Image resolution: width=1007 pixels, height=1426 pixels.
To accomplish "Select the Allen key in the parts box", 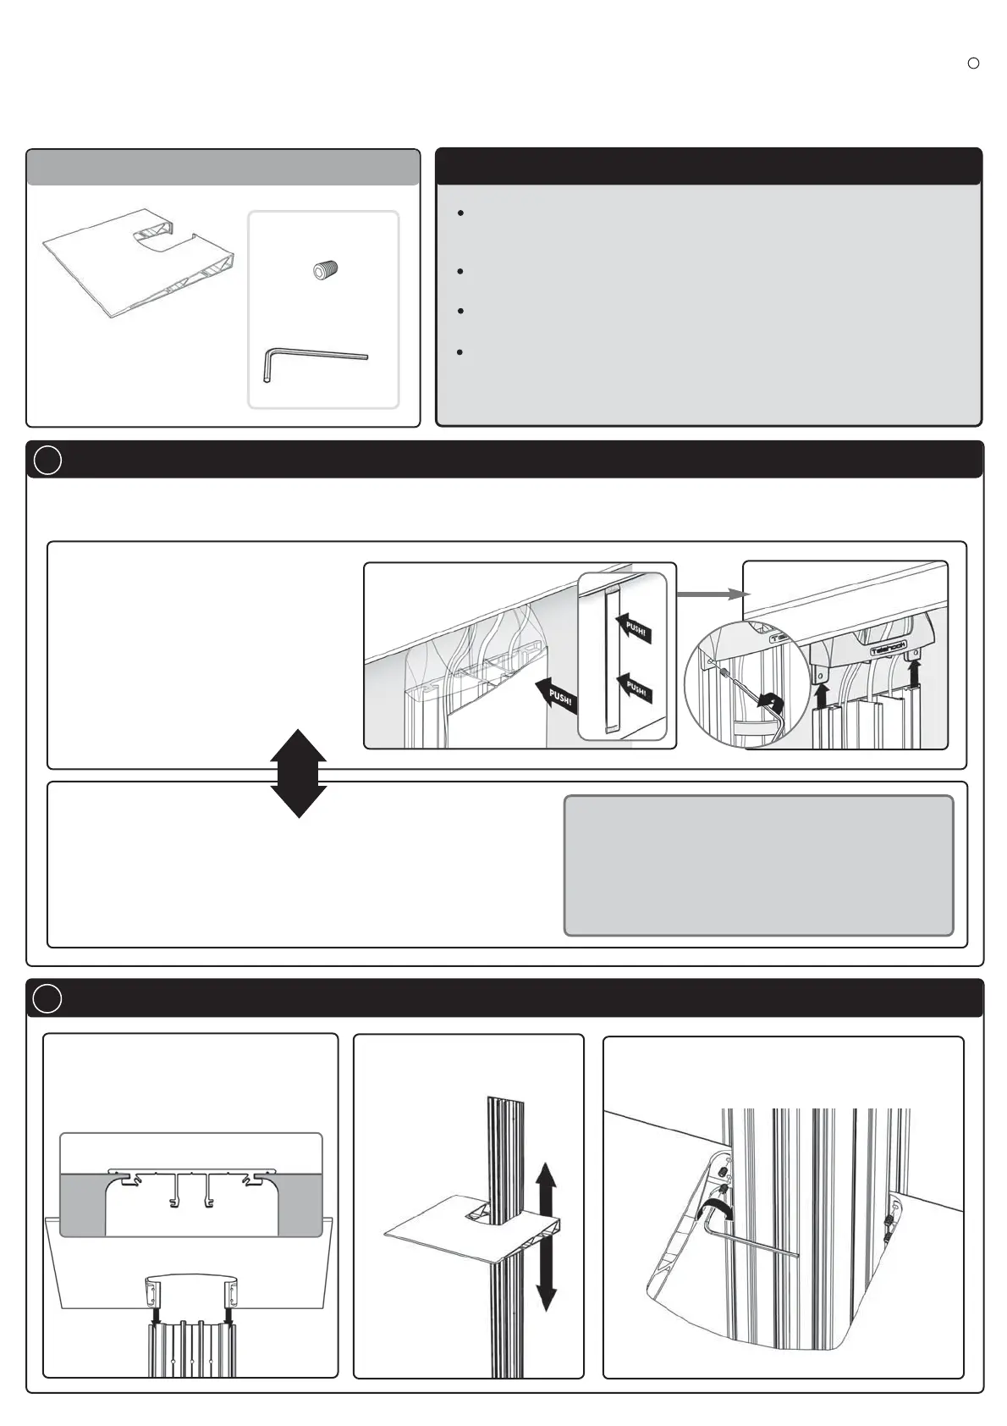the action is (313, 361).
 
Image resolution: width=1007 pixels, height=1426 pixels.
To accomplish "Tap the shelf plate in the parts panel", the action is (135, 263).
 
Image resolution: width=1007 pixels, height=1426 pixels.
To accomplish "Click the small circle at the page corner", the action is (973, 64).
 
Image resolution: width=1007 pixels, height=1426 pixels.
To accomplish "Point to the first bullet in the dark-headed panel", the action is (460, 213).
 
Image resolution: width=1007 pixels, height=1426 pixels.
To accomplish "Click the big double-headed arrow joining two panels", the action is (299, 773).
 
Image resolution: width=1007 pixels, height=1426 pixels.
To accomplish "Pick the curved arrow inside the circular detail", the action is (770, 702).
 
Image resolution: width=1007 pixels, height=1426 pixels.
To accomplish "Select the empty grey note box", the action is (758, 865).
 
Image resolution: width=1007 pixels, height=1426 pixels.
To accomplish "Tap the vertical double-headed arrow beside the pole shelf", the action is (547, 1237).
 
